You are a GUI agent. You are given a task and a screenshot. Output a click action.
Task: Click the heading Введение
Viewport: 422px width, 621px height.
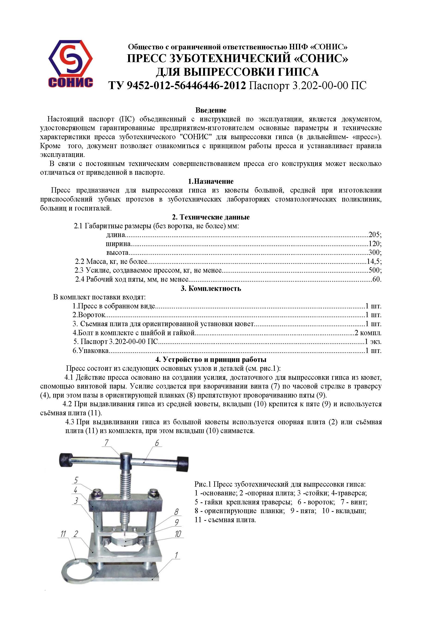pos(211,110)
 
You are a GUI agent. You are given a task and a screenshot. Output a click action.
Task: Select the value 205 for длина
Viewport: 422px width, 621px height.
pos(374,235)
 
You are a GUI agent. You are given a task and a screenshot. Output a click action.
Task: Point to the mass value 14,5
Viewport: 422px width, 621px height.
pos(374,261)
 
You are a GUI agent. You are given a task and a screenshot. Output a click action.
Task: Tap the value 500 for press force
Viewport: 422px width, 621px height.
pos(374,270)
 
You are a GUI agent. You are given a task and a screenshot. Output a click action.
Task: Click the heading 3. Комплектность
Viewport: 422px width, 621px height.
pos(211,288)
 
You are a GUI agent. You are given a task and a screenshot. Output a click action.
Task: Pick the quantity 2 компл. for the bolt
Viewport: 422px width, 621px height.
pos(368,333)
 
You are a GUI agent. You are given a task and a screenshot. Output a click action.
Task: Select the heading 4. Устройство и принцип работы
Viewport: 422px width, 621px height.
pos(211,359)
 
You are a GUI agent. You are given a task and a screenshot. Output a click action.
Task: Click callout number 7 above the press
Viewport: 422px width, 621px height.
pos(107,443)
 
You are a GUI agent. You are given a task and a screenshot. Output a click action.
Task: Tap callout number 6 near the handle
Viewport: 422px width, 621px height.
pos(157,443)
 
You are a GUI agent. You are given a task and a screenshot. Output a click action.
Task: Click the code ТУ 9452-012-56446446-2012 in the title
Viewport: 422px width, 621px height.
pos(177,85)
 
